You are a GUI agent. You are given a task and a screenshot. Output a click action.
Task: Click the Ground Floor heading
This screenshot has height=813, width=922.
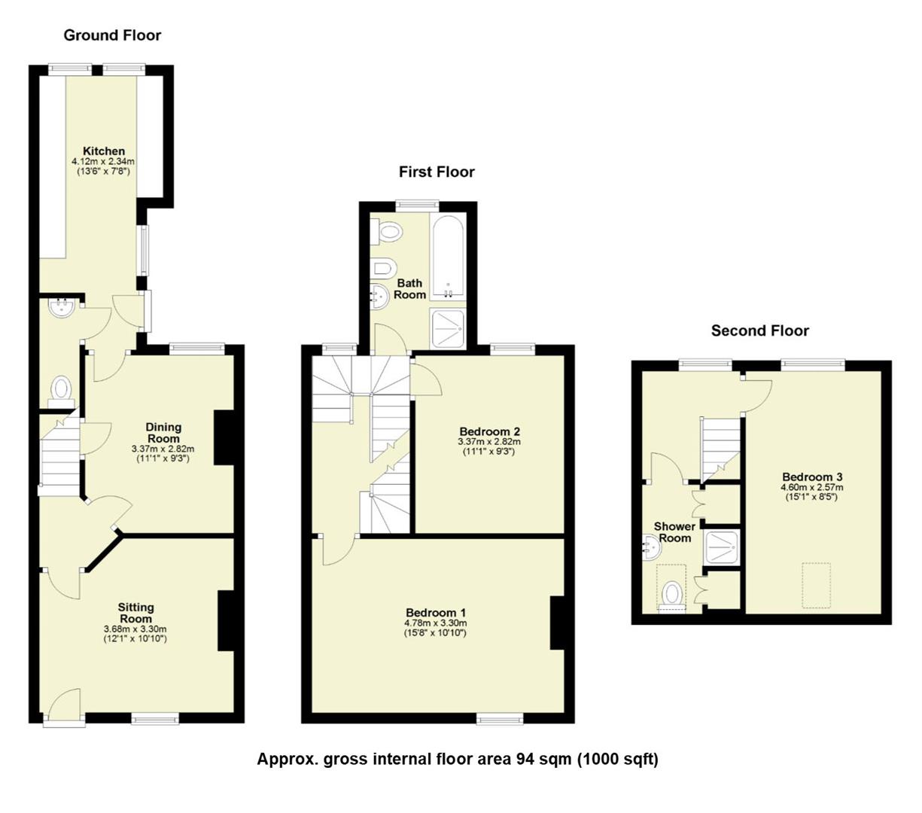[x=112, y=35]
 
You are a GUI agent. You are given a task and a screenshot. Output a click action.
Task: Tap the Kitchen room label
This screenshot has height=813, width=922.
[x=103, y=151]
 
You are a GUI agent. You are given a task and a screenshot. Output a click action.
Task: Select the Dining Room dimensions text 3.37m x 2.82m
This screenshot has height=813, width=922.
[x=163, y=449]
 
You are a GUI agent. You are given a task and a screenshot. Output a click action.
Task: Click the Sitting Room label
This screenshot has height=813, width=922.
[x=135, y=613]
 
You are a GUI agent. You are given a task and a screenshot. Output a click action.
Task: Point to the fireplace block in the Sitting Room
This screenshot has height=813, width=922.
[x=227, y=620]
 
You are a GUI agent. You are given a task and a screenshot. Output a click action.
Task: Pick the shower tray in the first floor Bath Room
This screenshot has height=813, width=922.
[x=448, y=329]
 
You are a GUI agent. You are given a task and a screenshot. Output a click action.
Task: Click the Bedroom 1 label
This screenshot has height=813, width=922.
[x=436, y=613]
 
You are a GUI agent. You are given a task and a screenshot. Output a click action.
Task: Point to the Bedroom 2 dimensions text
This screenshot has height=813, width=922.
[x=489, y=442]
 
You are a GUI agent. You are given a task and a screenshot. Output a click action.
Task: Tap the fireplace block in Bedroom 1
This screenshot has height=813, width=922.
[x=557, y=623]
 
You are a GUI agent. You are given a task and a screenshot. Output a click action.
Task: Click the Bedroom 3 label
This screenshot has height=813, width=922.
[x=812, y=477]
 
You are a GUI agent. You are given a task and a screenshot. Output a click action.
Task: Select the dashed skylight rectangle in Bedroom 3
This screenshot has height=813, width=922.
[x=814, y=585]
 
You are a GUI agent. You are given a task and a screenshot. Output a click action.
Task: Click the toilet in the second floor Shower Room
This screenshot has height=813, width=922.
[x=671, y=595]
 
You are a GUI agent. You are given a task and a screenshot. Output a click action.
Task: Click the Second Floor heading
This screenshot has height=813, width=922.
[x=759, y=330]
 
